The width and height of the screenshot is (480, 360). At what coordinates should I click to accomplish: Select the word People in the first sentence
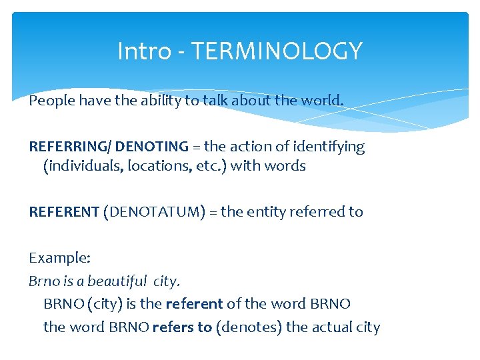[x=51, y=101]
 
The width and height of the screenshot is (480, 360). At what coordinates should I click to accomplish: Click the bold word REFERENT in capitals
[x=64, y=212]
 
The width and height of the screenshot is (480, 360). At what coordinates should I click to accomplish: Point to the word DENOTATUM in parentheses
[x=154, y=212]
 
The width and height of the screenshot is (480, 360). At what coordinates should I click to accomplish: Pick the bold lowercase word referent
[x=194, y=304]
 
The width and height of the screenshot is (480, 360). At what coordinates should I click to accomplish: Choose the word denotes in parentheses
[x=250, y=327]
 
